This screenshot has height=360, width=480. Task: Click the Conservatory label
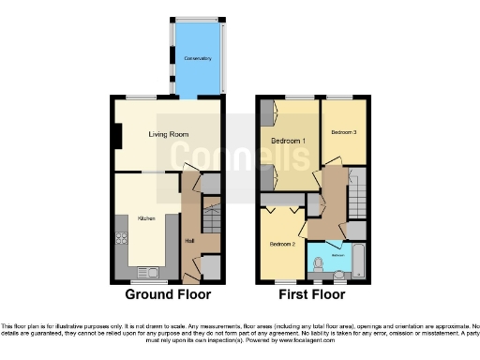click(x=196, y=58)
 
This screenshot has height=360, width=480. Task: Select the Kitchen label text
click(x=146, y=217)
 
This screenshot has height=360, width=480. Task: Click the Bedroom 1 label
click(x=289, y=142)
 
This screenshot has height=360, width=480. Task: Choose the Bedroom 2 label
click(x=282, y=244)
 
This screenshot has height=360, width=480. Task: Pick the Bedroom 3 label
click(x=344, y=132)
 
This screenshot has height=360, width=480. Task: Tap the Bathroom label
click(x=338, y=254)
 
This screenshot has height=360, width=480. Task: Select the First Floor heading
click(x=313, y=294)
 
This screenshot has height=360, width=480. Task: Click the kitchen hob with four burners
click(x=121, y=237)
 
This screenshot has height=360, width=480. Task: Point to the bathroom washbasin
click(x=339, y=274)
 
